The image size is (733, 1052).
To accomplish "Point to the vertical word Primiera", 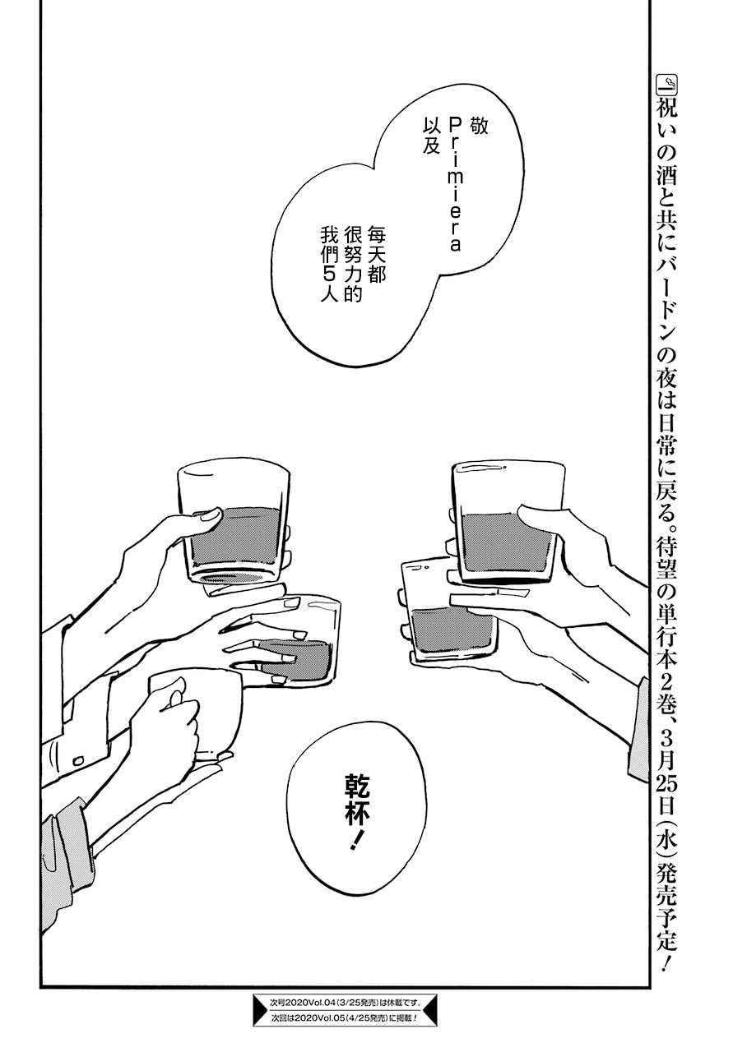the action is pos(455,185).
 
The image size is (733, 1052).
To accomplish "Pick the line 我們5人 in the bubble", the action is pos(329,265).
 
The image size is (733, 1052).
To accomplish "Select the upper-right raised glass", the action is pos(507,520).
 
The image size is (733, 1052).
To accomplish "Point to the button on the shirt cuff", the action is pos(79,759).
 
